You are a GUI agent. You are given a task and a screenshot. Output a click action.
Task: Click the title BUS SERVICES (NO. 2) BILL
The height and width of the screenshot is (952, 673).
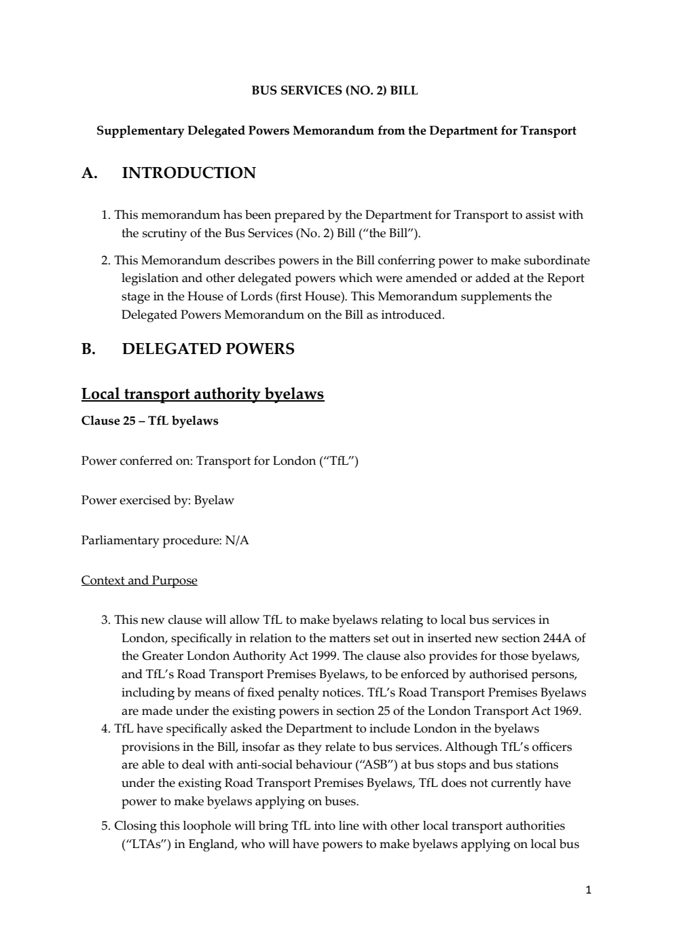pyautogui.click(x=335, y=90)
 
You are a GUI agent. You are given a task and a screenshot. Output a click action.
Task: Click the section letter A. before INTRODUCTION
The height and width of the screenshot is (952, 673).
pyautogui.click(x=89, y=173)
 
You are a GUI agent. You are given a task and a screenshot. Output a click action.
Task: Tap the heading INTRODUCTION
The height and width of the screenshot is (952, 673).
pyautogui.click(x=189, y=173)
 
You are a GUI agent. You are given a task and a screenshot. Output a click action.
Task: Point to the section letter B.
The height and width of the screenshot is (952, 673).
pyautogui.click(x=88, y=349)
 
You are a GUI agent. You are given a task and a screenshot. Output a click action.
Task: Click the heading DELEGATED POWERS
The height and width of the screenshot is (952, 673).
pyautogui.click(x=208, y=349)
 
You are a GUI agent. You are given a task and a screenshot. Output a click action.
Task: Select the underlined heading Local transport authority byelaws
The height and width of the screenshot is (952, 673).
pyautogui.click(x=202, y=394)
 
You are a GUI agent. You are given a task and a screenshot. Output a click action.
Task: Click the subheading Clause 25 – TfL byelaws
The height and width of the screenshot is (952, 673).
pyautogui.click(x=149, y=421)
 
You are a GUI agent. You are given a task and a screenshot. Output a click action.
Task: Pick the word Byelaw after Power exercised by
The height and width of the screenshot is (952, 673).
pyautogui.click(x=214, y=501)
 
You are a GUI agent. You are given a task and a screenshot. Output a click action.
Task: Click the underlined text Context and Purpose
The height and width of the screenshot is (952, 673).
pyautogui.click(x=139, y=580)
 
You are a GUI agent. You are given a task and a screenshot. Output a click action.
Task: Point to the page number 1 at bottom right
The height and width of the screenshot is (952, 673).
pyautogui.click(x=588, y=889)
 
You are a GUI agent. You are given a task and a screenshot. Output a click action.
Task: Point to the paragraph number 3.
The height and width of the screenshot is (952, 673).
pyautogui.click(x=105, y=620)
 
